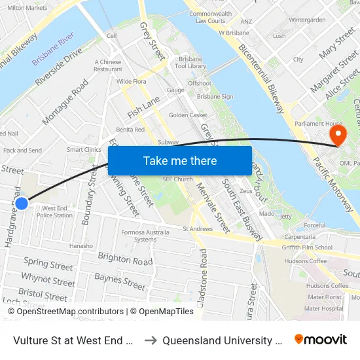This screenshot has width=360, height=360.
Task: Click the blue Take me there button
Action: [x=180, y=160]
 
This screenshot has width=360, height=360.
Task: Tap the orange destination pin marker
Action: [x=338, y=135]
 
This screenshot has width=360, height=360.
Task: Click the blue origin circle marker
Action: [x=22, y=204]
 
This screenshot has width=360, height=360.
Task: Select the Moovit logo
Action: [x=321, y=340]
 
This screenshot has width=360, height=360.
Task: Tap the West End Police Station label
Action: [x=54, y=211]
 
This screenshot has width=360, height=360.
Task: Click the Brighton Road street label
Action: [x=125, y=259]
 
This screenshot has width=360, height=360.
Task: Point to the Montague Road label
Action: [x=65, y=102]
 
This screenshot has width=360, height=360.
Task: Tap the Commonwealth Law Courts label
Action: [x=210, y=17]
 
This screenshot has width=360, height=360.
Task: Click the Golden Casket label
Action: [x=188, y=115]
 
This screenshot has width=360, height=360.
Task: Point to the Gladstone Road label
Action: [x=204, y=275]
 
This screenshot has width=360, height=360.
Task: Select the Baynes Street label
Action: [x=120, y=282]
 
